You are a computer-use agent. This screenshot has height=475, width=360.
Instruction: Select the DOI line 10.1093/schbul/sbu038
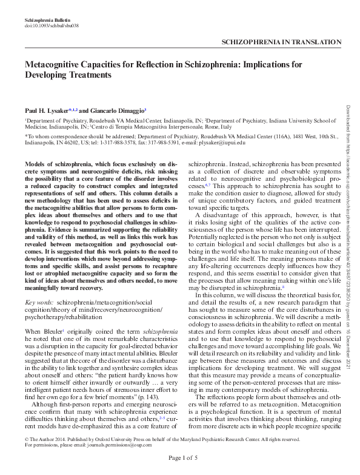pyautogui.click(x=51, y=26)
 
